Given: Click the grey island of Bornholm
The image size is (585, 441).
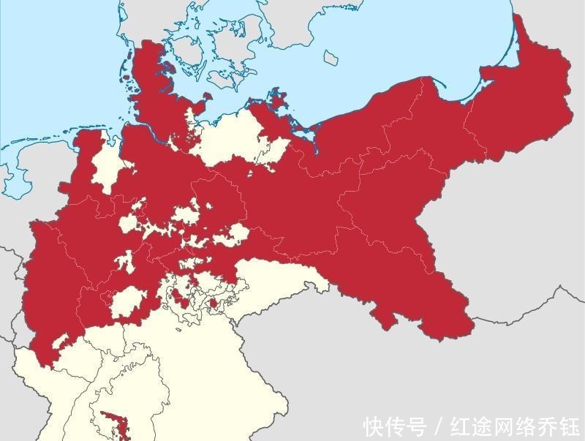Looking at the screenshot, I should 331,56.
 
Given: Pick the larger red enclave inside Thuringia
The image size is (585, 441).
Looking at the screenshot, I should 178,296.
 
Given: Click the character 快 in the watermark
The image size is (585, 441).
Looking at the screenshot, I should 374,426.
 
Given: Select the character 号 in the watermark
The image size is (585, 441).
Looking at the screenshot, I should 417,426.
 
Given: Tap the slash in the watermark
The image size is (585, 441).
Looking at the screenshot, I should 439,426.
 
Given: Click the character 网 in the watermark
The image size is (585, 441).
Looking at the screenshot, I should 505,426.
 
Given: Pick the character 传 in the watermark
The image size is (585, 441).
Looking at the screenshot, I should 396,426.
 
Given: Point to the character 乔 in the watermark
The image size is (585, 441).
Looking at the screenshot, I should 548,426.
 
